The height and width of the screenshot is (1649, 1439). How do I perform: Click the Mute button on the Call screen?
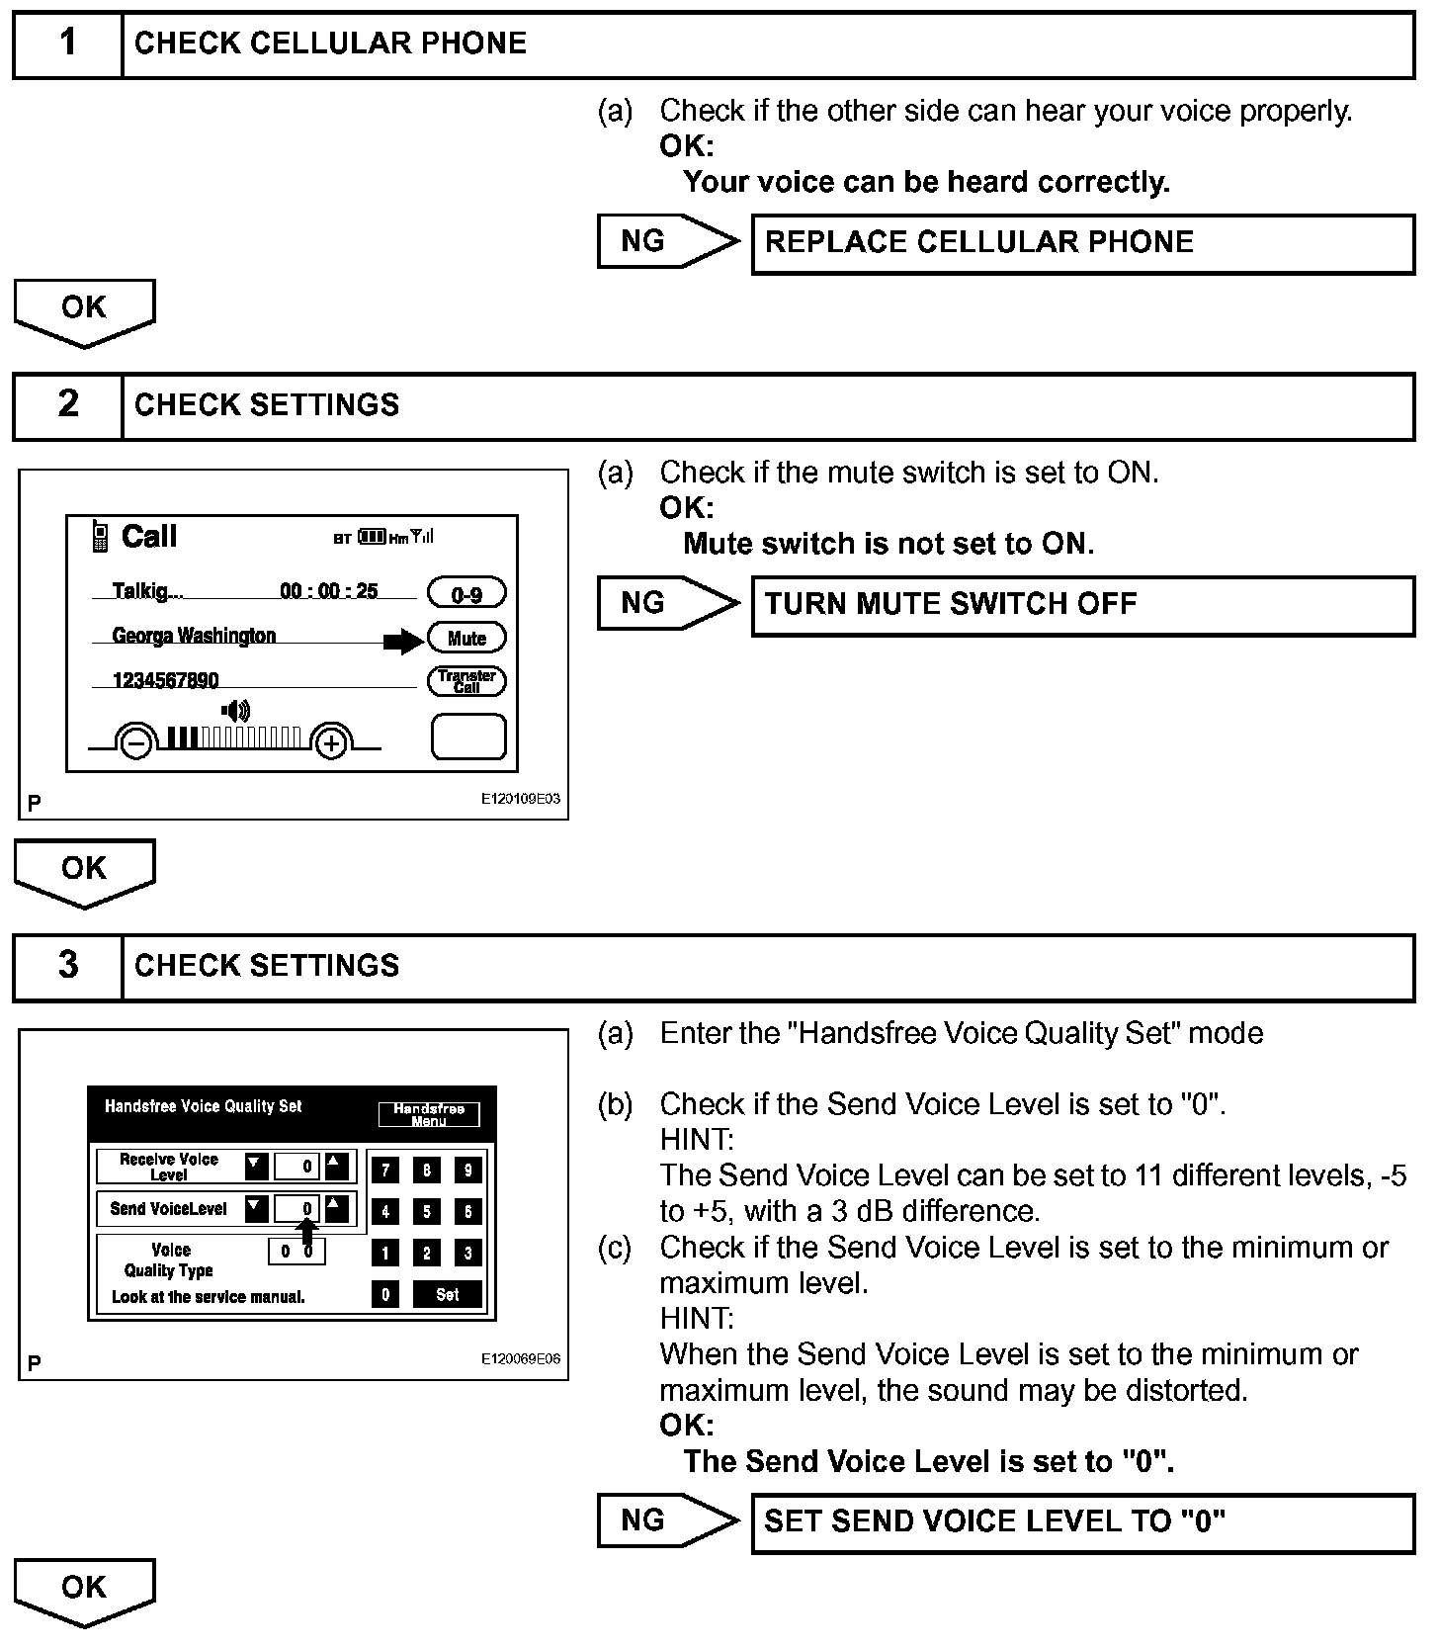(466, 638)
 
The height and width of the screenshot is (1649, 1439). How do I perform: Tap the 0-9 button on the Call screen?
(466, 593)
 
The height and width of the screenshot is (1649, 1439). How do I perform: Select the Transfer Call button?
(466, 681)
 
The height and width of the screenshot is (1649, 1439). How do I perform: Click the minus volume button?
(136, 741)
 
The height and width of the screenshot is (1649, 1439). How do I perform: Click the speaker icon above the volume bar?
(236, 710)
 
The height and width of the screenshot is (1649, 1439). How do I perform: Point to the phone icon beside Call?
(100, 536)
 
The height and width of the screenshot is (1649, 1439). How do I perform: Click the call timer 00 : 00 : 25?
(329, 591)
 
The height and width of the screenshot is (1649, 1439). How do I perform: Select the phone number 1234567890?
(165, 680)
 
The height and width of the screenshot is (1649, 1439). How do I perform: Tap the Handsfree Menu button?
(429, 1114)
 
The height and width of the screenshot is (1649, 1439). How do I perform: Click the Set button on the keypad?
(448, 1294)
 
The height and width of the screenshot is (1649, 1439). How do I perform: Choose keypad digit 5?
(427, 1211)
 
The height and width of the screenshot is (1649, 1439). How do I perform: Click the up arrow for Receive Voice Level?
(337, 1166)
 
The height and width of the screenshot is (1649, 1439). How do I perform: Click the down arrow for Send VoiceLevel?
(257, 1208)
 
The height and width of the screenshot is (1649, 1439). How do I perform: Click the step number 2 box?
(68, 404)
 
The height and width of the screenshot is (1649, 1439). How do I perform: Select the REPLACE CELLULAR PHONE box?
(1082, 243)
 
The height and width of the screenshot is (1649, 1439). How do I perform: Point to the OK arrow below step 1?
(84, 310)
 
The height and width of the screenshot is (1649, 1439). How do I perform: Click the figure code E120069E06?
(520, 1359)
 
